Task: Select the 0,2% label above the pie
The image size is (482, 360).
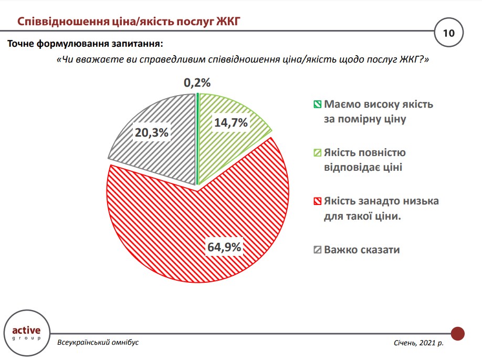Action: click(x=197, y=83)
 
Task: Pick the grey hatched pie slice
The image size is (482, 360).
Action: click(x=158, y=152)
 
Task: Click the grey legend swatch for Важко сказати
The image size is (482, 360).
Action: click(x=317, y=250)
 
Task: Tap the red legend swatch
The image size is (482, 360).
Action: click(x=317, y=201)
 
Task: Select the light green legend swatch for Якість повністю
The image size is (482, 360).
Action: click(x=317, y=153)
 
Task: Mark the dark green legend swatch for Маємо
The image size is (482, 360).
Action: click(x=317, y=104)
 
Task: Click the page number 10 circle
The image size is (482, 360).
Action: click(x=449, y=33)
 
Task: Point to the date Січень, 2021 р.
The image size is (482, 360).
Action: click(x=418, y=343)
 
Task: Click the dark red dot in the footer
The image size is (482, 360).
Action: click(x=458, y=333)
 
